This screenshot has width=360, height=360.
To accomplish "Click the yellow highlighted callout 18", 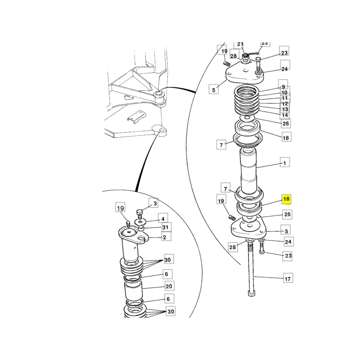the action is pyautogui.click(x=286, y=199).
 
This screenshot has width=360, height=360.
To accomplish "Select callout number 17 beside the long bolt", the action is pyautogui.click(x=288, y=279).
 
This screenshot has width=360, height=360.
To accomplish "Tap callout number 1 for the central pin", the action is pyautogui.click(x=285, y=163).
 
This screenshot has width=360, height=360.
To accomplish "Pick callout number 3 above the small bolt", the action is pyautogui.click(x=155, y=203).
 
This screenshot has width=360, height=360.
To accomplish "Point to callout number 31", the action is pyautogui.click(x=165, y=227).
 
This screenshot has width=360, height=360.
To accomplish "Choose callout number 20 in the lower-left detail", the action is pyautogui.click(x=169, y=286).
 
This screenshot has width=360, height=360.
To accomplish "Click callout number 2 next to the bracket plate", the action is pyautogui.click(x=164, y=237).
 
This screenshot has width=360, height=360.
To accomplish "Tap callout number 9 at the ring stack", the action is pyautogui.click(x=283, y=87).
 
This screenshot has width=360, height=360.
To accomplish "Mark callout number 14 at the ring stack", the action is pyautogui.click(x=285, y=115).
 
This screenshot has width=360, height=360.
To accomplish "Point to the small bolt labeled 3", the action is pyautogui.click(x=139, y=214).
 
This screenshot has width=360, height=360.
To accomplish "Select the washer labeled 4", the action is pyautogui.click(x=140, y=222).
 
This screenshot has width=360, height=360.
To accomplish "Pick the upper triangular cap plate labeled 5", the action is pyautogui.click(x=244, y=72).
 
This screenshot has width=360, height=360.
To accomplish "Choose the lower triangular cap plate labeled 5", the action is pyautogui.click(x=248, y=229).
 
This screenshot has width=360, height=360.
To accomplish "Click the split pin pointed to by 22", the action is pyautogui.click(x=254, y=54).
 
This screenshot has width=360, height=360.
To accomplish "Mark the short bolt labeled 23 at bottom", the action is pyautogui.click(x=261, y=247).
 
